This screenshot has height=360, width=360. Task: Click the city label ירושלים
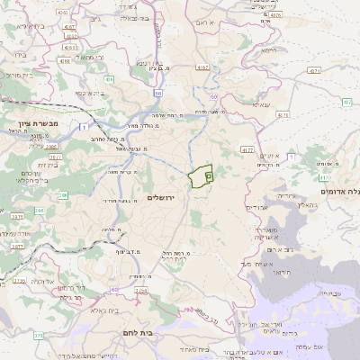point(164,197)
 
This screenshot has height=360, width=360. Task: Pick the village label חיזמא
point(268,51)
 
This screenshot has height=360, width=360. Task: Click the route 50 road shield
point(158,92)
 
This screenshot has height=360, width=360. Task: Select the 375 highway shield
point(39,336)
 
